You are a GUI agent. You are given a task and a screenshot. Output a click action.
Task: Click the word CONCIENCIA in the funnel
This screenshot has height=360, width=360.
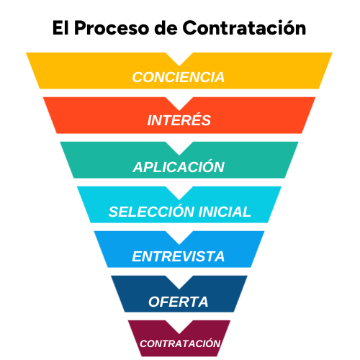179,77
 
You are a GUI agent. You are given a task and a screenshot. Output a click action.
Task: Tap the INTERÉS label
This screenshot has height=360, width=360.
179,121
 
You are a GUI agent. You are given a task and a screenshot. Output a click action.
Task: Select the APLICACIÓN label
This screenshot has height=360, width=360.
179,167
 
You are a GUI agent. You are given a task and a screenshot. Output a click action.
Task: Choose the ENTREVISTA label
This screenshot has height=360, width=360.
179,257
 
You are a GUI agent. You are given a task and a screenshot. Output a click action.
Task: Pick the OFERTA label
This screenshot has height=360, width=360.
179,301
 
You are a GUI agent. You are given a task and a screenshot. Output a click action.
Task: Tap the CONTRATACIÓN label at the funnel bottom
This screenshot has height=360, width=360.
180,344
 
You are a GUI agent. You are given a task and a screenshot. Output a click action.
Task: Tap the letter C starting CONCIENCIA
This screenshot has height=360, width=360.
137,77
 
